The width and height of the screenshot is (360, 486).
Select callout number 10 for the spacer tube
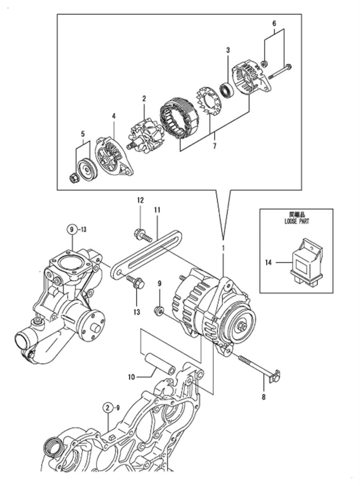[x=132, y=377]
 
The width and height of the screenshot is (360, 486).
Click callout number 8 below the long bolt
[x=264, y=397]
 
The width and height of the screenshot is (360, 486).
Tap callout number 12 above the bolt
[x=140, y=199]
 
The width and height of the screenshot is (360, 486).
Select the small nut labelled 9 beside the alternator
[x=159, y=309]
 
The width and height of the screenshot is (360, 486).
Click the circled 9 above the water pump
[x=72, y=229]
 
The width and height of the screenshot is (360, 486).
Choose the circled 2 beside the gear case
[x=108, y=408]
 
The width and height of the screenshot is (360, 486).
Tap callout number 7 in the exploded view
[x=215, y=146]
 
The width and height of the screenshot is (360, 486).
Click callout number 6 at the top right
[x=274, y=24]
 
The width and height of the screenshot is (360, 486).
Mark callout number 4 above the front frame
[x=114, y=116]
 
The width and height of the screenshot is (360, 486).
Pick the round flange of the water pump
[x=92, y=323]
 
